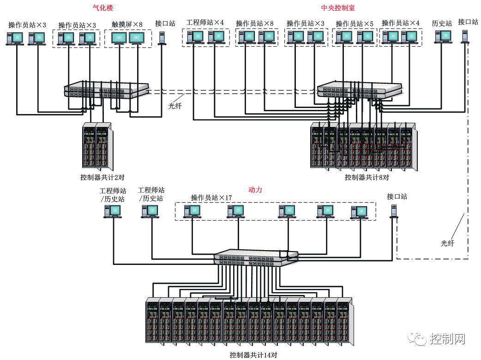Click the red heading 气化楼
coord(102,8)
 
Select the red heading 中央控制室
coord(338,8)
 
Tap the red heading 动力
coord(255,190)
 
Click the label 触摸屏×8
coord(127,24)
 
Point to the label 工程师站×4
coord(205,23)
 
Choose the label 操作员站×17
coord(211,198)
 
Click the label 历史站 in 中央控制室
coord(442,23)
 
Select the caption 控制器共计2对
coord(102,177)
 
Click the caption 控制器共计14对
coord(253,355)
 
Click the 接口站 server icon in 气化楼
coord(162,38)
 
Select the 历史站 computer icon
coord(443,36)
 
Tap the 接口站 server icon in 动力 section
coord(394,211)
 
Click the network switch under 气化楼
coord(107,90)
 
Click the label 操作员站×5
coord(355,24)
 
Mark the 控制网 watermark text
coord(447,339)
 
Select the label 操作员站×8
coord(255,23)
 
